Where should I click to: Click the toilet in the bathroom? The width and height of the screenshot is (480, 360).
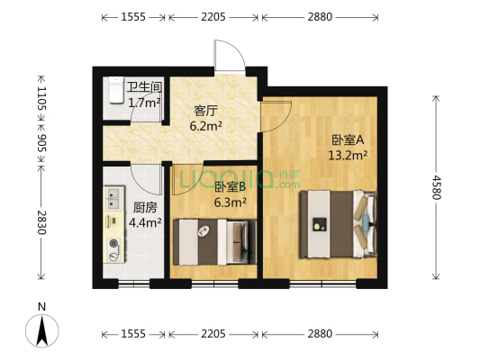tap(115, 90)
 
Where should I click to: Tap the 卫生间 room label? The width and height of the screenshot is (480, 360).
tap(144, 87)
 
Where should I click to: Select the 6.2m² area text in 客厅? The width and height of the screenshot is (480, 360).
tap(206, 126)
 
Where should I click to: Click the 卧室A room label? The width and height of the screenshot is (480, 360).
tap(348, 140)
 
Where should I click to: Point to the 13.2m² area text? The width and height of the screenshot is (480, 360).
tap(348, 156)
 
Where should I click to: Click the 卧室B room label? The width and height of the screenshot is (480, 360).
tap(231, 187)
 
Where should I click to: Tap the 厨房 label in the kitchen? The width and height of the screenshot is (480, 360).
tap(145, 208)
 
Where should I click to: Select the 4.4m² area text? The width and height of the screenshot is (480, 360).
tap(145, 222)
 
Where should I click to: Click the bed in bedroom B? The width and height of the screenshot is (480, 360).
tap(214, 241)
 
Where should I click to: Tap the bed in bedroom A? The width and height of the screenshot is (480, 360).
tap(338, 224)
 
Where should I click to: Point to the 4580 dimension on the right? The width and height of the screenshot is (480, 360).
tap(436, 187)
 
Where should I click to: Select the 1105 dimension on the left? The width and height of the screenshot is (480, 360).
tap(41, 98)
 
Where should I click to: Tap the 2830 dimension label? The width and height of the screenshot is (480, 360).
tap(41, 222)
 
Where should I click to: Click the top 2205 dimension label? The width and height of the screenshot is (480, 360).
tap(213, 17)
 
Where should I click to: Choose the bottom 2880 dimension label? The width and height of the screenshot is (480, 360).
tap(320, 334)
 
